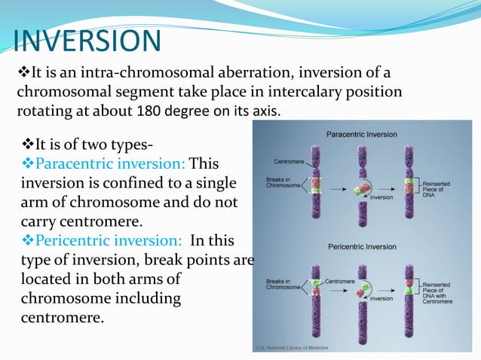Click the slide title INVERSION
pos(87,41)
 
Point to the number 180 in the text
pos(149,111)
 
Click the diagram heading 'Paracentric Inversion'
pos(360,134)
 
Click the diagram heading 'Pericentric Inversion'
pos(360,245)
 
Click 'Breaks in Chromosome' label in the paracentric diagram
pos(284,184)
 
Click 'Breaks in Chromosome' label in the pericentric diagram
pos(284,285)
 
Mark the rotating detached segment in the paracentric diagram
pos(361,186)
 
